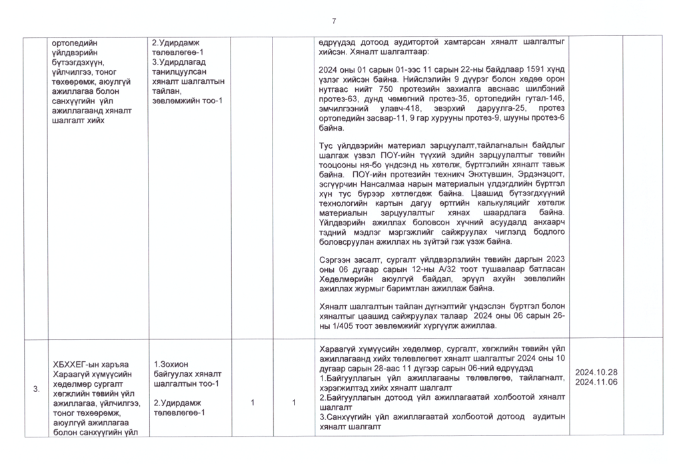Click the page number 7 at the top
(x=334, y=20)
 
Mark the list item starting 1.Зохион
(x=172, y=365)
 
